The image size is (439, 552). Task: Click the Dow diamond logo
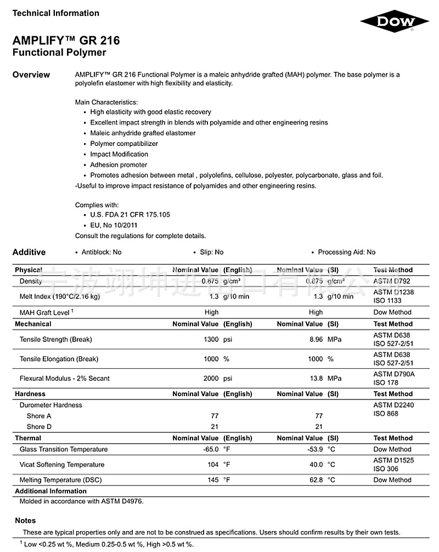click(x=395, y=21)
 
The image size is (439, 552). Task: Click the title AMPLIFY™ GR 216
click(x=66, y=41)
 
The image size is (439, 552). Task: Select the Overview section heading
click(x=31, y=75)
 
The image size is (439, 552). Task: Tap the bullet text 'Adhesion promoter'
click(x=119, y=165)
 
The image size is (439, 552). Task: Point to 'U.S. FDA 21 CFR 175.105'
click(x=130, y=215)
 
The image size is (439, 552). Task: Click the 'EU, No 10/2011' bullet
click(x=114, y=225)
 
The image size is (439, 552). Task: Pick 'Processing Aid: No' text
click(x=347, y=252)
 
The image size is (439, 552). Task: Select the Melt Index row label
click(x=60, y=297)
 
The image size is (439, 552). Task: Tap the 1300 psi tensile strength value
click(x=217, y=340)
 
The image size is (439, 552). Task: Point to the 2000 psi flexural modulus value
click(x=217, y=379)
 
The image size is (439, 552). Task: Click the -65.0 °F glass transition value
click(x=216, y=449)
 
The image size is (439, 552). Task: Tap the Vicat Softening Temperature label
click(x=62, y=465)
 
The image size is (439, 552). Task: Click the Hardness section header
click(x=30, y=394)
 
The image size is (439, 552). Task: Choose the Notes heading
click(x=25, y=521)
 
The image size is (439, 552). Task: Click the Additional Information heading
click(x=50, y=491)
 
